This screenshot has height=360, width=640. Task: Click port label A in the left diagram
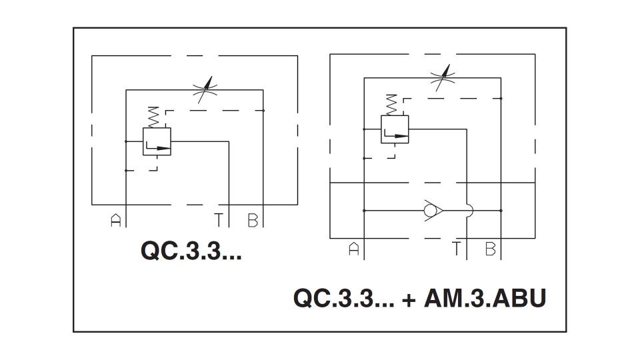tap(116, 221)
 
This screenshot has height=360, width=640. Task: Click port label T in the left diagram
tap(219, 221)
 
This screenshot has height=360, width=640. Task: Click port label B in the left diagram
tap(253, 221)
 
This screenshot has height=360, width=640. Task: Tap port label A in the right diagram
tap(354, 249)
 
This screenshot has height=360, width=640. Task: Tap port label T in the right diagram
tap(456, 249)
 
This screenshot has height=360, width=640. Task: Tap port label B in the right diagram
tap(490, 249)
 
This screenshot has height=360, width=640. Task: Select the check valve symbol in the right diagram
tap(433, 211)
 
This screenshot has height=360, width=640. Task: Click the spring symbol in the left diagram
tap(153, 117)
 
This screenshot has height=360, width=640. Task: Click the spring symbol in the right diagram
tap(391, 105)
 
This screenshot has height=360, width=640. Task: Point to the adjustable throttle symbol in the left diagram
tap(205, 89)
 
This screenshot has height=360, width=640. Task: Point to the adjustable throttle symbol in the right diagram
tap(443, 77)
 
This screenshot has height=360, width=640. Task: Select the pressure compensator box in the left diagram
tap(157, 141)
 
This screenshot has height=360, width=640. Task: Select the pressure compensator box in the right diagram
tap(395, 129)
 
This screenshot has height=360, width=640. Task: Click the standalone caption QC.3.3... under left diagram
tap(191, 251)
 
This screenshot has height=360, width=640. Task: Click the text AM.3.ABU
tap(485, 299)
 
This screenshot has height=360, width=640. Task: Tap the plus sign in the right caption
tap(409, 300)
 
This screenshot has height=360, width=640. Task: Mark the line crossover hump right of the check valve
tap(470, 211)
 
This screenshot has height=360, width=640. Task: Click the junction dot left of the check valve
tap(364, 211)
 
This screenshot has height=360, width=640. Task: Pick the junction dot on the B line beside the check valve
tap(501, 211)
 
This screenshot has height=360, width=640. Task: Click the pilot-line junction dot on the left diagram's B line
tap(263, 111)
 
